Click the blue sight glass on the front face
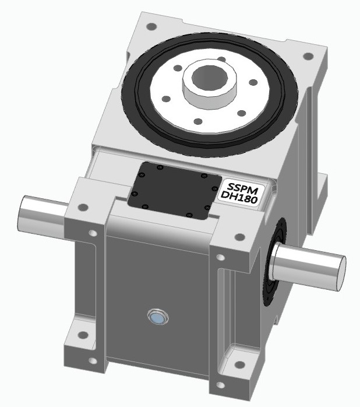coord(157,318)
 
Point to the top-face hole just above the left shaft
coord(83,207)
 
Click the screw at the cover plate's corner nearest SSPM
coord(203,176)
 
